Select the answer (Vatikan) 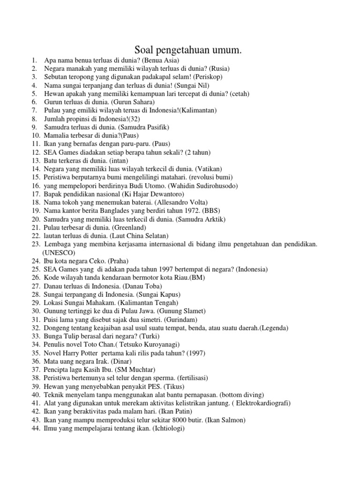click(209, 169)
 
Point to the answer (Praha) click(118, 261)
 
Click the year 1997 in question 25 click(168, 269)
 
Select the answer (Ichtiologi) click(169, 428)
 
